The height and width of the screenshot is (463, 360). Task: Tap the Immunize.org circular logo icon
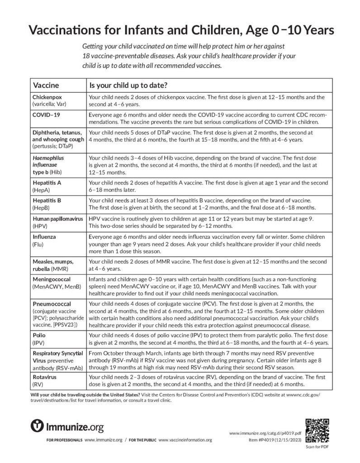pos(37,426)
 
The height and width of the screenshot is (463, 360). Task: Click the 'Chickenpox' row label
pos(47,97)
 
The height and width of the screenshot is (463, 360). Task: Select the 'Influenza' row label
pos(43,236)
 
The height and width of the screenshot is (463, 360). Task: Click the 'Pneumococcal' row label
pos(51,303)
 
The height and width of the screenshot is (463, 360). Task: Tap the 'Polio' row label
pos(39,336)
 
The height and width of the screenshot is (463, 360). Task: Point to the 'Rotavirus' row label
pos(44,377)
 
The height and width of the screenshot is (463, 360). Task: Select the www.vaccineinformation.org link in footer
pos(185,440)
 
